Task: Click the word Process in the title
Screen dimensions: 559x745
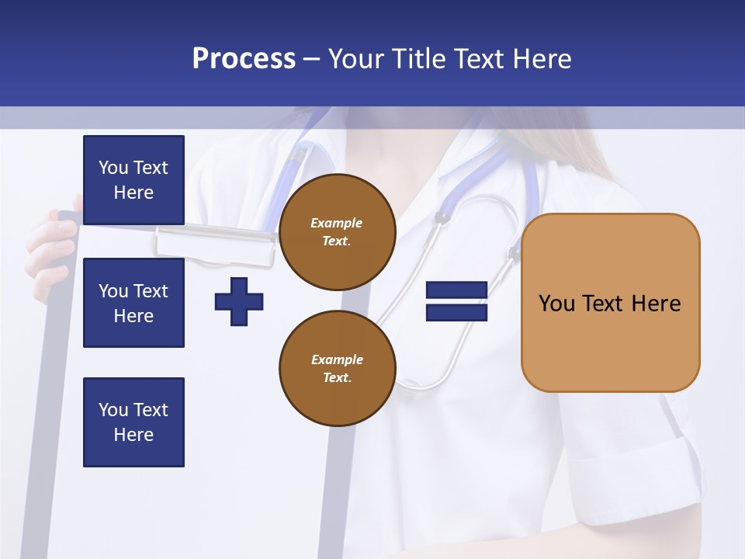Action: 244,58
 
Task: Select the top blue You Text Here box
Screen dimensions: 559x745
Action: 133,180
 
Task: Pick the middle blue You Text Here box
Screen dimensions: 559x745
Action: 133,303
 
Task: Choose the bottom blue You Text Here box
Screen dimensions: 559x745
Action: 133,422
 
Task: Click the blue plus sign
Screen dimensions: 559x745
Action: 239,301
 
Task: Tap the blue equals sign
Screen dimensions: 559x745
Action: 456,301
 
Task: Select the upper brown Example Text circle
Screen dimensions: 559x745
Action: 338,232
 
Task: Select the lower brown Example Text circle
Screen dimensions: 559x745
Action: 338,368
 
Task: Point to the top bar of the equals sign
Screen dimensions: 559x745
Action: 456,290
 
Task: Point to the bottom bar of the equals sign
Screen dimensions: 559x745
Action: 456,313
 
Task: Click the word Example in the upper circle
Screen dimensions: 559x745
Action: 337,223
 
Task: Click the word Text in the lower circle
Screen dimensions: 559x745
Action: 337,377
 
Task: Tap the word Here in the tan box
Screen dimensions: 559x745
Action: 656,304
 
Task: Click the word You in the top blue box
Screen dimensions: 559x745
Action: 113,168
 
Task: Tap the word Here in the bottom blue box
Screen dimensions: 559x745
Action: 133,435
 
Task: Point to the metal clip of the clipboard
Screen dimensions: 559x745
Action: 215,242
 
